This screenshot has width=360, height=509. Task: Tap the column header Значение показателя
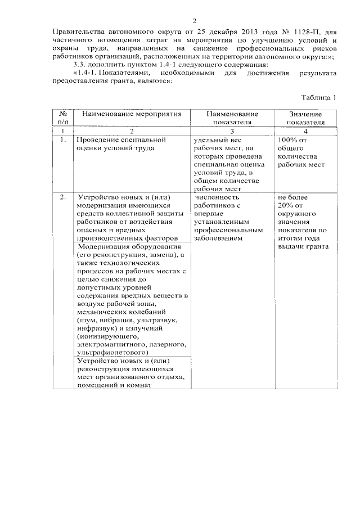[x=305, y=118]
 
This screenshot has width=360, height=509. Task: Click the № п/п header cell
[x=63, y=118]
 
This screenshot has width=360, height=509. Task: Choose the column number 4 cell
[x=305, y=130]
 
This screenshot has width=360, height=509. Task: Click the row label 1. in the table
[x=63, y=139]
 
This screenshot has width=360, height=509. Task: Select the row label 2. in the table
[x=63, y=197]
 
